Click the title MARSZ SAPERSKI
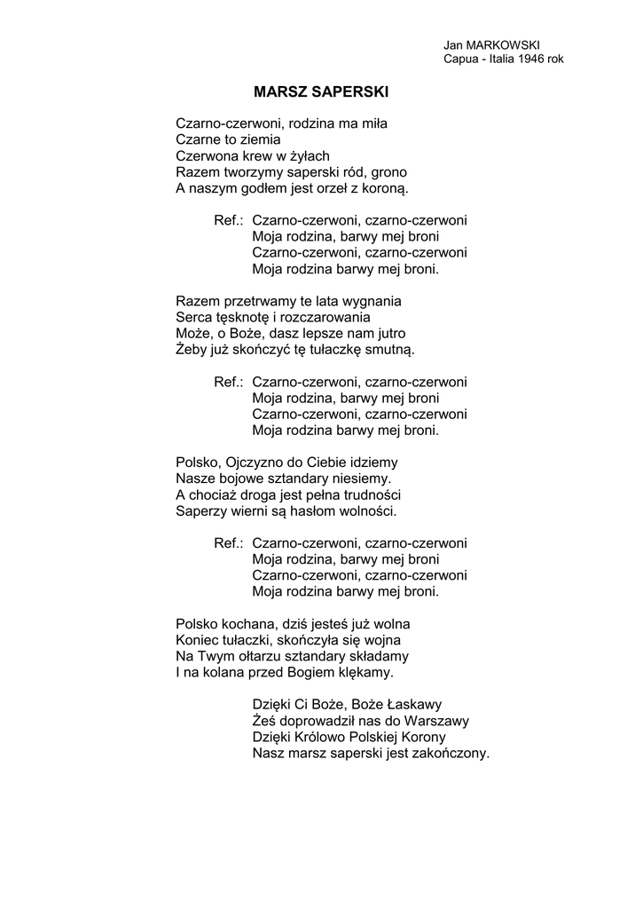(321, 91)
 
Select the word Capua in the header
(460, 59)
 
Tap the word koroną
(382, 189)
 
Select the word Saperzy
(200, 511)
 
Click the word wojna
(381, 639)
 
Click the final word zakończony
(451, 754)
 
